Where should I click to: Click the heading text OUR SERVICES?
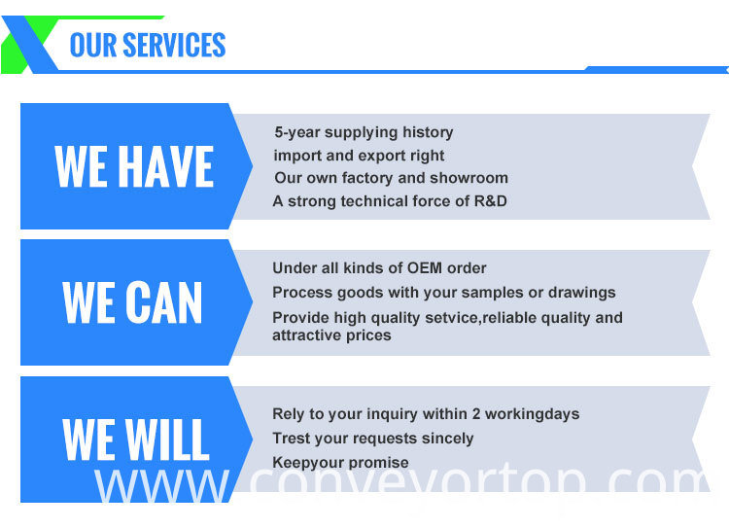coord(148,45)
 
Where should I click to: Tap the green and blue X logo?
coord(30,45)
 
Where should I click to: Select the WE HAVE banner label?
coord(134,166)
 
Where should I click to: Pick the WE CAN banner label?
coord(132,302)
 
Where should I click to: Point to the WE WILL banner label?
coord(136,440)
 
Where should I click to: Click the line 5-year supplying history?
coord(364,132)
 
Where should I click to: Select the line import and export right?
coord(359,156)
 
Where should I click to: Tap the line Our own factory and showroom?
coord(391,178)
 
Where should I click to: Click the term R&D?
coord(491,201)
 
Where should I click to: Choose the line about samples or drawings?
coord(444,293)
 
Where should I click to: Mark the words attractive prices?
coord(331,335)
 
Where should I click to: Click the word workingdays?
coord(533,414)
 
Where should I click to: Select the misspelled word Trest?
coord(290,439)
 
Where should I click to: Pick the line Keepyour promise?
coord(340,463)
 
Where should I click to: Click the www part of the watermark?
coord(161,485)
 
